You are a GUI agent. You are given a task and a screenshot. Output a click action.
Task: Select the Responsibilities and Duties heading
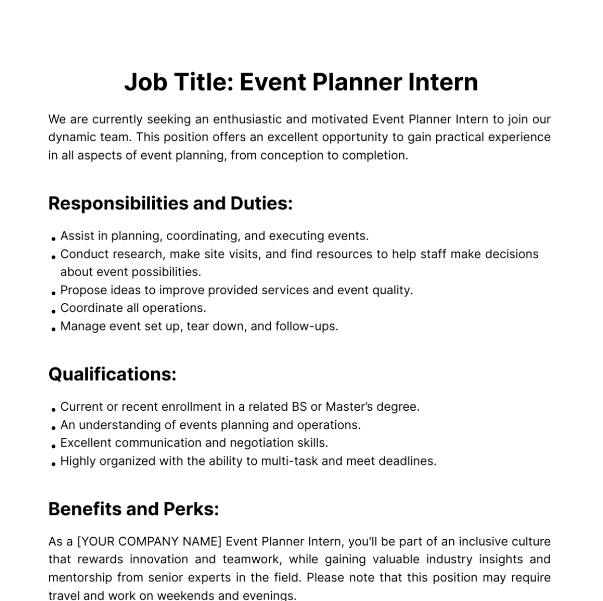(x=170, y=203)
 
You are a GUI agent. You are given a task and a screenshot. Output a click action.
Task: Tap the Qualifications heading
(x=112, y=374)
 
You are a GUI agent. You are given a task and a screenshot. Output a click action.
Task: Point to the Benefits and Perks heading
(x=134, y=509)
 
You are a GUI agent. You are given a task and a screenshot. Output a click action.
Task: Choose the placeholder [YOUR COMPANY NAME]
(x=149, y=542)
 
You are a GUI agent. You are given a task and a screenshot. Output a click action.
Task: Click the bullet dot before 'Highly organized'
(x=53, y=463)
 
